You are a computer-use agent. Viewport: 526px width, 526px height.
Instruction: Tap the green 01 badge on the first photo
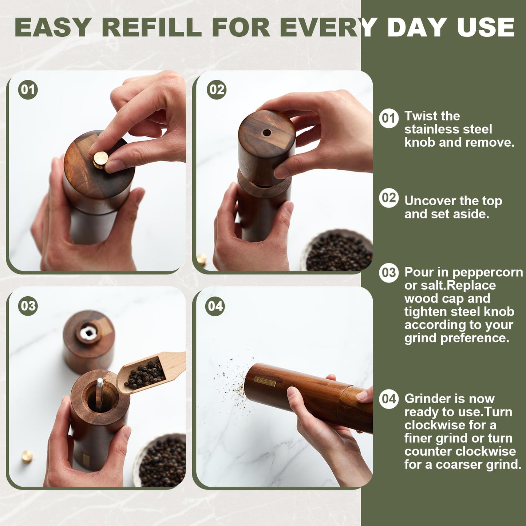click(x=28, y=90)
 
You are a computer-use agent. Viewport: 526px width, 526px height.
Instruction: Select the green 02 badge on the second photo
click(x=217, y=90)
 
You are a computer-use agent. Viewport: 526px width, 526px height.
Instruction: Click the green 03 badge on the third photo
click(x=28, y=306)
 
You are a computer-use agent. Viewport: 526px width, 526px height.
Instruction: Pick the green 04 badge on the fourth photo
click(x=215, y=306)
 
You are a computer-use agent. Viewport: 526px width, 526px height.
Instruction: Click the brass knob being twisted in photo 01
click(x=100, y=159)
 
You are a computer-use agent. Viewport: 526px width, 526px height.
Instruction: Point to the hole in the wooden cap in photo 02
click(x=267, y=133)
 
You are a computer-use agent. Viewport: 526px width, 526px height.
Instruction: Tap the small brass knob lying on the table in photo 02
click(x=201, y=259)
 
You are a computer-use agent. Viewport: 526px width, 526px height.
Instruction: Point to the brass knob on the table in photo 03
click(x=27, y=456)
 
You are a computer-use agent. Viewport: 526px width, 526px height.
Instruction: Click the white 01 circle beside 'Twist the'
click(x=389, y=118)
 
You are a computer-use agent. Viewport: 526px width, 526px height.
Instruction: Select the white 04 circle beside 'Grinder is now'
click(x=389, y=399)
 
